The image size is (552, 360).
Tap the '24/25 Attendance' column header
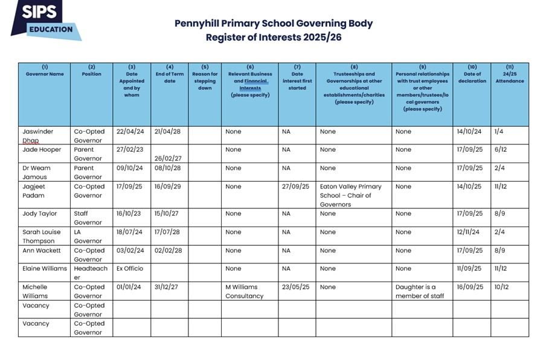click(509, 77)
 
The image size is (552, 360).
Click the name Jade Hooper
click(42, 150)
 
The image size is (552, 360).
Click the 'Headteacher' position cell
click(91, 273)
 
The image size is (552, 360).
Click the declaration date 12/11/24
click(469, 232)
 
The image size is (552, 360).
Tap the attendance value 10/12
click(501, 287)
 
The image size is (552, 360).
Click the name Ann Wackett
click(42, 251)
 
